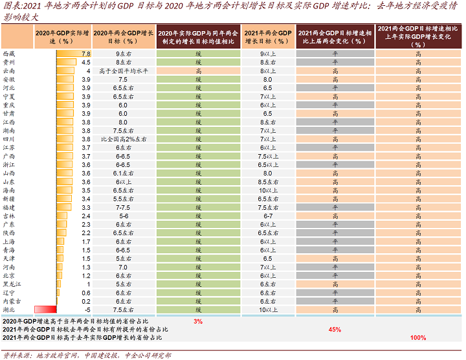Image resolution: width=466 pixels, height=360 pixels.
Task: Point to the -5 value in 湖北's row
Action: pyautogui.click(x=87, y=309)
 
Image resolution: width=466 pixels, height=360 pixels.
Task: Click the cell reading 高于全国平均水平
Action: pyautogui.click(x=124, y=70)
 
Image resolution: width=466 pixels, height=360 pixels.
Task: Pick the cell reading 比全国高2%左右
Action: pyautogui.click(x=124, y=139)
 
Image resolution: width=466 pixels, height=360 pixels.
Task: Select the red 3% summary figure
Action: pyautogui.click(x=198, y=321)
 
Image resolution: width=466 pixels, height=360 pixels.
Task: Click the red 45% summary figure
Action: pyautogui.click(x=335, y=329)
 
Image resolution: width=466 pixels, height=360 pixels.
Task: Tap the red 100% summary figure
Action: pyautogui.click(x=418, y=337)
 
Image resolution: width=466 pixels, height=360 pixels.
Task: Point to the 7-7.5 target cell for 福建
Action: pyautogui.click(x=124, y=207)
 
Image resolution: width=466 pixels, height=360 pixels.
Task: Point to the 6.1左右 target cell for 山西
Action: pyautogui.click(x=124, y=173)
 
